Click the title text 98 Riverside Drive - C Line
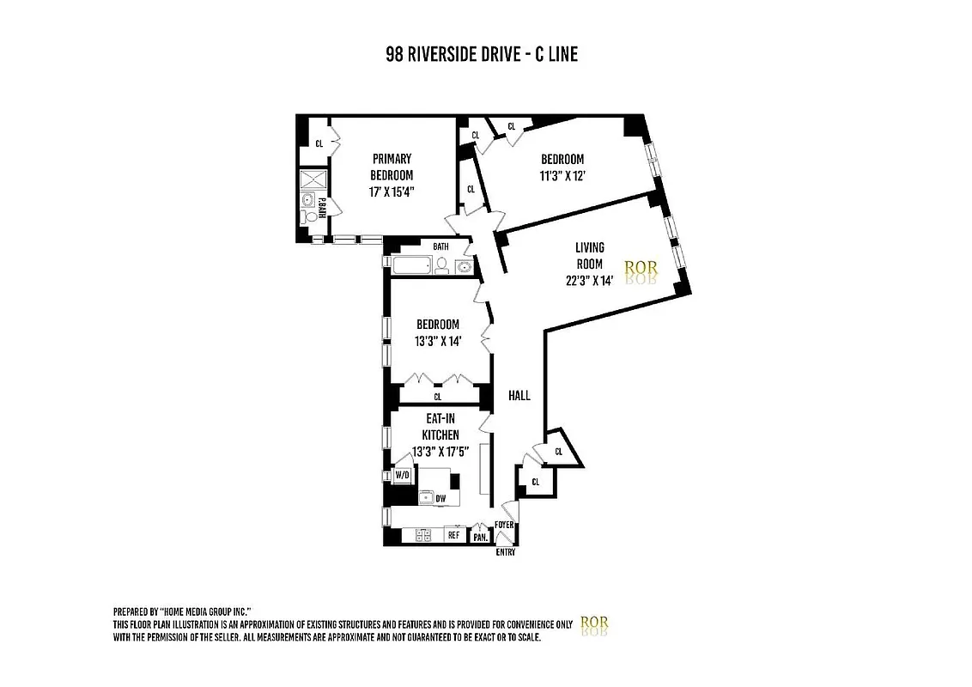[482, 55]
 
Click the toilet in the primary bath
[308, 218]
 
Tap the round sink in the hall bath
[463, 266]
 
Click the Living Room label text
[589, 256]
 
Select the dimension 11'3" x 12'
[562, 176]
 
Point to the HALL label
[519, 396]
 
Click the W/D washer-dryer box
[402, 474]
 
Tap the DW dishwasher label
[440, 498]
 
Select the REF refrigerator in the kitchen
[453, 535]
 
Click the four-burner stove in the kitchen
[422, 535]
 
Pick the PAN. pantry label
[480, 537]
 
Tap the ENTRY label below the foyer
[506, 552]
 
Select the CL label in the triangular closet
[559, 450]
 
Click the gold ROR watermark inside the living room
[641, 269]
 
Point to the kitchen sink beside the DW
[425, 496]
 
